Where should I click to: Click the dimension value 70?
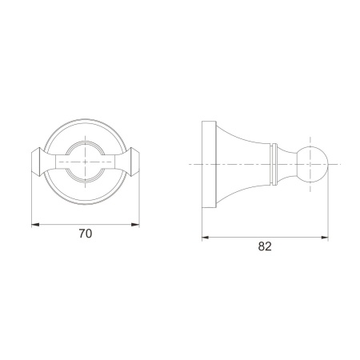[86, 234]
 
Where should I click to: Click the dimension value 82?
[265, 246]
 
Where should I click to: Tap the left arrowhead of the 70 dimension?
[35, 225]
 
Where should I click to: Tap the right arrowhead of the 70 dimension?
[135, 225]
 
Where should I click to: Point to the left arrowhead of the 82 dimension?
[206, 237]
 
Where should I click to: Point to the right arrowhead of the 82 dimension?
[325, 237]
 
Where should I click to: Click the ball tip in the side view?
[313, 164]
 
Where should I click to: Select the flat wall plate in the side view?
[209, 165]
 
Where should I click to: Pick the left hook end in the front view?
[36, 162]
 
